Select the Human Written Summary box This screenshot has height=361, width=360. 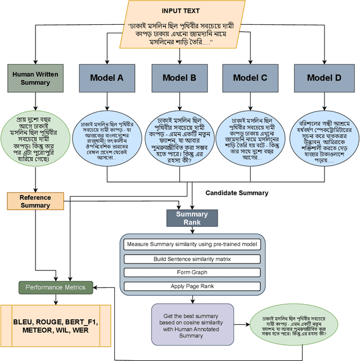pos(35,78)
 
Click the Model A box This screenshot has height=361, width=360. pos(107,78)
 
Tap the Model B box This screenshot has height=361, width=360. pos(179,78)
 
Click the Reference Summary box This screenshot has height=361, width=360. pos(35,201)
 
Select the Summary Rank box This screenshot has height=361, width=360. pos(192,218)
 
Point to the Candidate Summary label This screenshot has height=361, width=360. pos(237,193)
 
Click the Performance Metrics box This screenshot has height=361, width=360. pos(55,287)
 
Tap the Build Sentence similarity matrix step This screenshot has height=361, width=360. pos(192,259)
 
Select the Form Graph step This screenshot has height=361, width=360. pos(192,273)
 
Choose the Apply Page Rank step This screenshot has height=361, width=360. pos(192,286)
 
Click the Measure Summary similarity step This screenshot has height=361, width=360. pos(192,245)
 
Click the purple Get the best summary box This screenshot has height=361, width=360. pos(192,324)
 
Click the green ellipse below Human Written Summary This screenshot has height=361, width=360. pos(35,139)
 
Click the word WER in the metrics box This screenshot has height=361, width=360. pos(80,331)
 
